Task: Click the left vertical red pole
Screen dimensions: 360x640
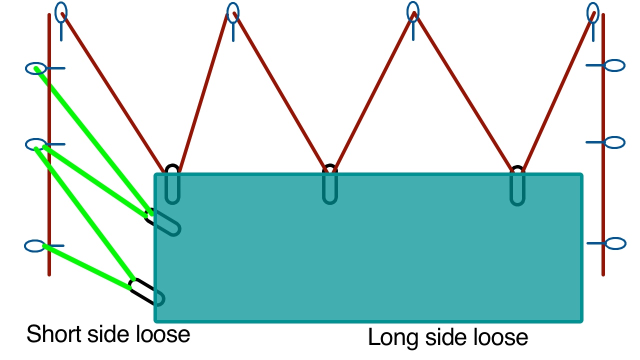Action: (49, 200)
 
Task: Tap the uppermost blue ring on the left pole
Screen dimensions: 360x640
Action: (36, 68)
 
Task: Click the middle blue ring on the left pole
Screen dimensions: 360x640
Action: (35, 144)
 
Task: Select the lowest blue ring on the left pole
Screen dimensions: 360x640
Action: (35, 246)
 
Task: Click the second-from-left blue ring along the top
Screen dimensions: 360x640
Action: (232, 12)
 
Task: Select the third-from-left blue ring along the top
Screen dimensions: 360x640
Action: (412, 11)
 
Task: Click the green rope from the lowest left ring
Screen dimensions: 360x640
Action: (87, 266)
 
